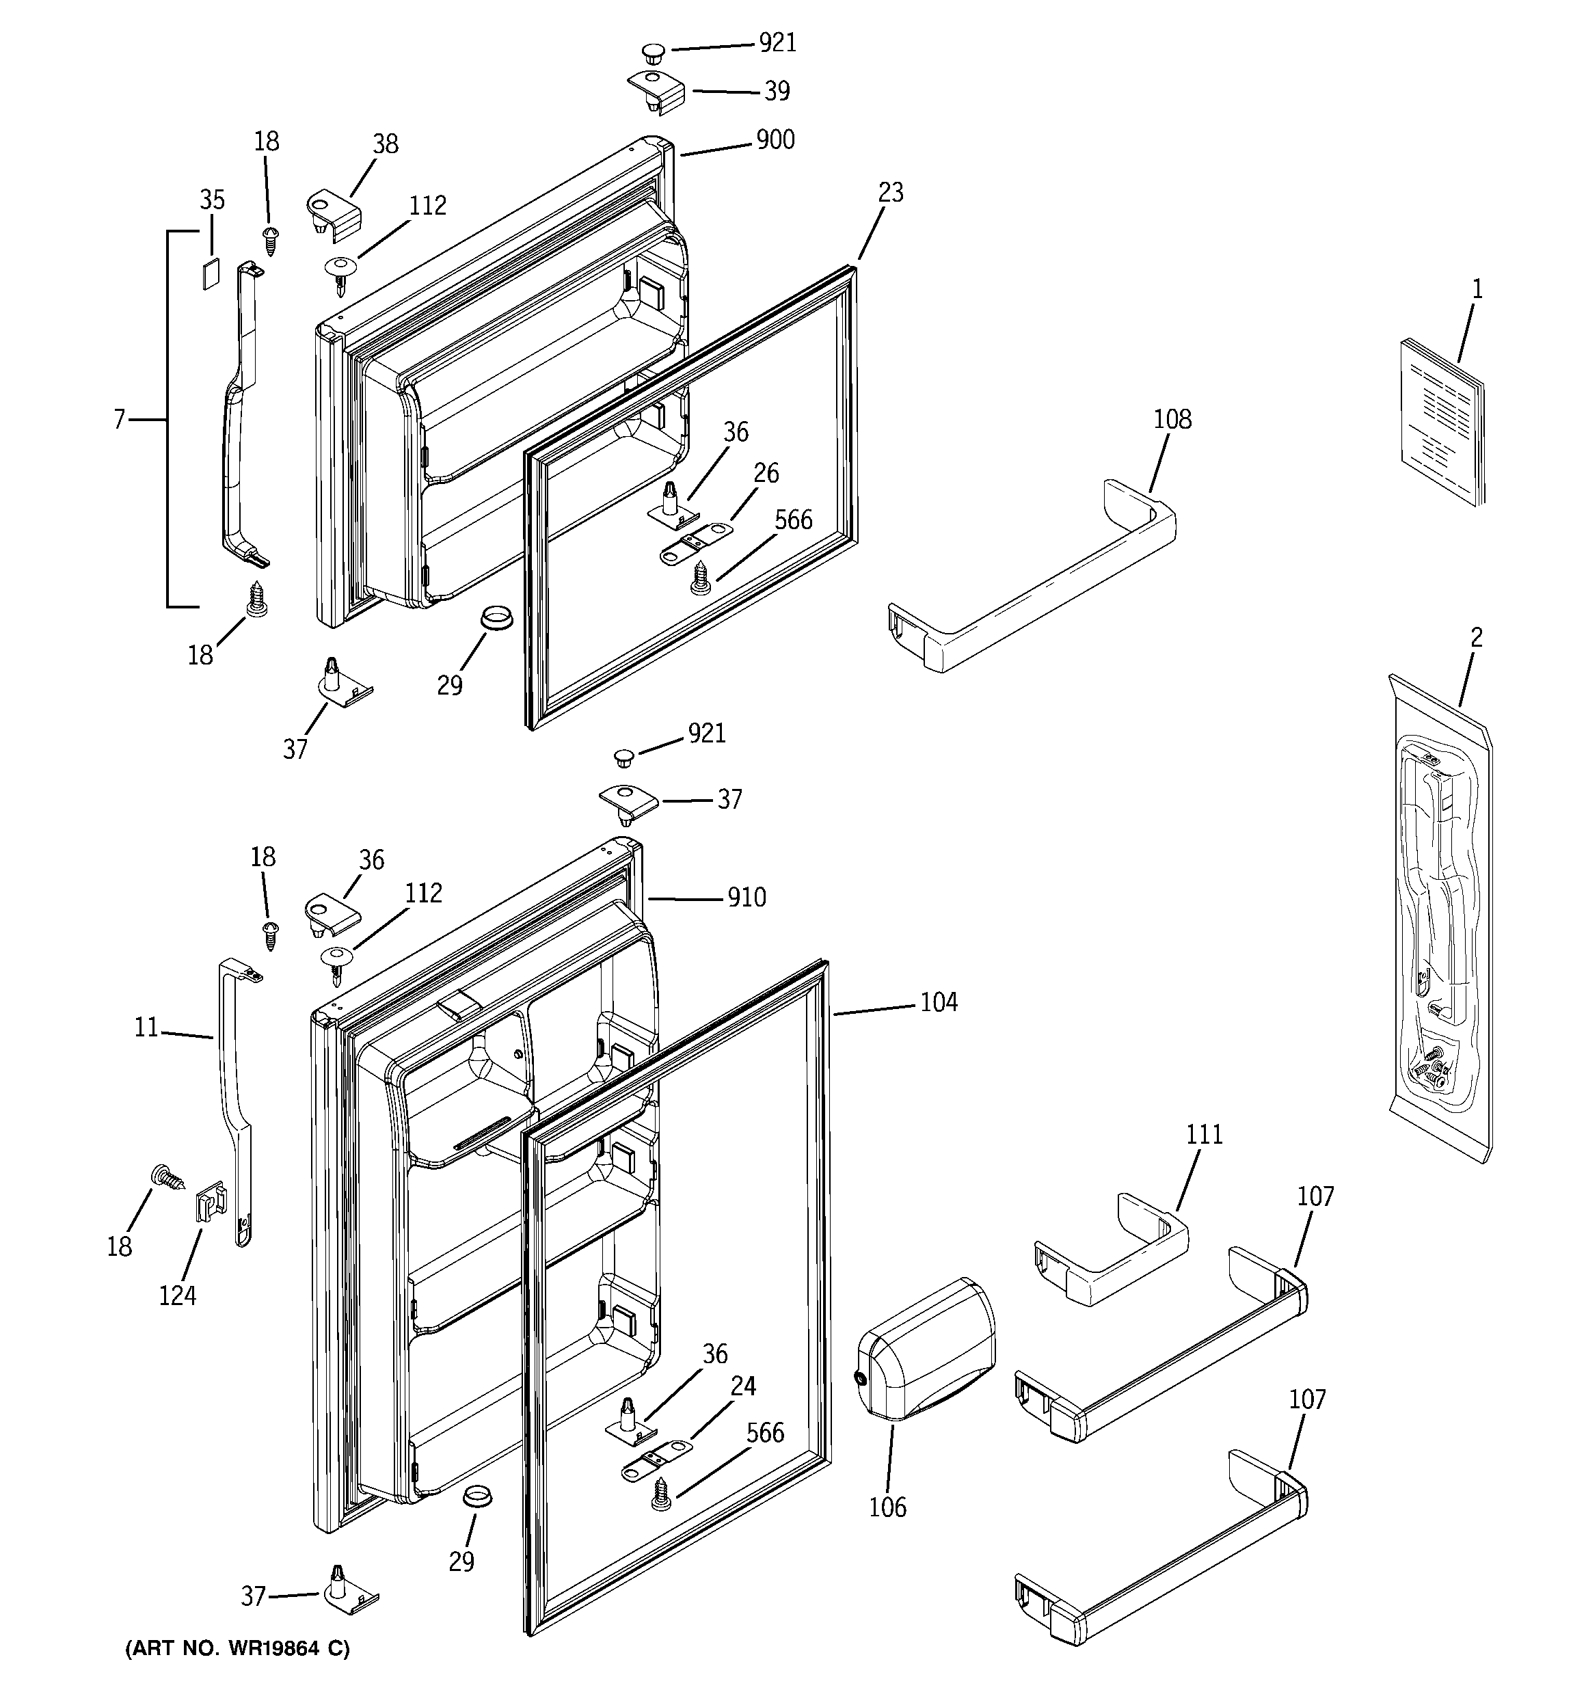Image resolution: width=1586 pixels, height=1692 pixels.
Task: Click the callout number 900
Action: click(x=775, y=139)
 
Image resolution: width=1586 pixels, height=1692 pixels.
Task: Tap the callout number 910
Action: click(x=746, y=898)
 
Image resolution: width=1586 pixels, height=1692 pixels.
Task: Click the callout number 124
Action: click(x=177, y=1296)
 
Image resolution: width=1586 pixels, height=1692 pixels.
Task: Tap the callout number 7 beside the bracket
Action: click(x=119, y=420)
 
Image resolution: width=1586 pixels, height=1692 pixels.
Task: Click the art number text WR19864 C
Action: click(x=237, y=1649)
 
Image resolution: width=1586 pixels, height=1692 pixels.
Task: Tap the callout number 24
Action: click(x=742, y=1386)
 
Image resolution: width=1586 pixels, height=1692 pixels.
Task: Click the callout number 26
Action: click(x=766, y=473)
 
